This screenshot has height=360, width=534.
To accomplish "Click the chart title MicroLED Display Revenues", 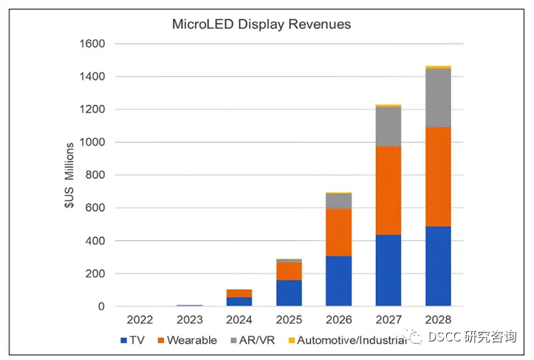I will point(261,24).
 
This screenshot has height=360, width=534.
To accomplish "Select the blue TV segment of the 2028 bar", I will point(438,266).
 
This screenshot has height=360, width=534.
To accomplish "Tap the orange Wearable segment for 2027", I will point(388,190).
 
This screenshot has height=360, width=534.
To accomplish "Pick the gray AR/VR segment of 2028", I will point(438,98).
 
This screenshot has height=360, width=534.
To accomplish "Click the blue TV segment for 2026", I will point(338,281).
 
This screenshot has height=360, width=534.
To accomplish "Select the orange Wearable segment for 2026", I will point(338,232).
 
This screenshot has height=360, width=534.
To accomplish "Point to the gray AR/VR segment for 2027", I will point(388,126).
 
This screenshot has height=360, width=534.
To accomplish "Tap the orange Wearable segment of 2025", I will point(289,271).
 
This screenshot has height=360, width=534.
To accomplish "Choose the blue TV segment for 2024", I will point(239,302).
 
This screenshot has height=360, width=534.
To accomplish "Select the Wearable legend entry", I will point(185,340).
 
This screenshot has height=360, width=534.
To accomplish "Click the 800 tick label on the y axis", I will point(95,175).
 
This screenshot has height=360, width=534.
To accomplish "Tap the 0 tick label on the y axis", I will point(100,306).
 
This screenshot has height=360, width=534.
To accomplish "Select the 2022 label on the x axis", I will point(140,320).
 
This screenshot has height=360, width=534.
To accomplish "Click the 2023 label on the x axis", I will point(189,320).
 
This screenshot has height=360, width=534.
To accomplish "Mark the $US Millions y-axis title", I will point(68,175).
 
